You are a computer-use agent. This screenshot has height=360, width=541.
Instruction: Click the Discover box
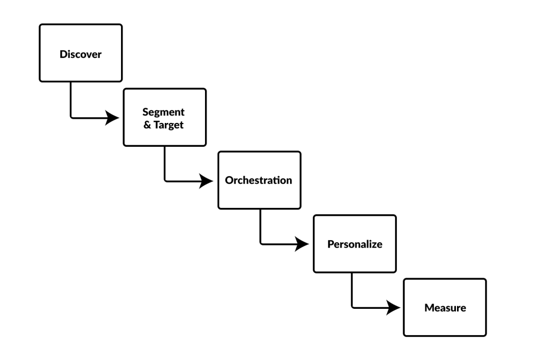(x=80, y=53)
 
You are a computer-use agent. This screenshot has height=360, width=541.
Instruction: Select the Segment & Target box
(x=164, y=117)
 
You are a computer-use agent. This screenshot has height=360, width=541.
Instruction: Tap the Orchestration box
(x=259, y=181)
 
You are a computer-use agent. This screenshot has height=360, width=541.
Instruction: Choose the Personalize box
(x=355, y=244)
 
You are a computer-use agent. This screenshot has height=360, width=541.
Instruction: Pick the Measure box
(x=445, y=307)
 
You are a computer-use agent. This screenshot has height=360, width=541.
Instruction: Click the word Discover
(x=80, y=54)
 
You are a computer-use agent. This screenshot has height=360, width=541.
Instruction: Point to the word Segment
(x=163, y=112)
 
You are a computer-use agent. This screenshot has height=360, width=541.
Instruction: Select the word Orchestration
(x=259, y=181)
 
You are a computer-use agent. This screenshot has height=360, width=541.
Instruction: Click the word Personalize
(x=355, y=244)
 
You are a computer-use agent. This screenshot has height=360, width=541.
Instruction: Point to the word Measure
(x=445, y=308)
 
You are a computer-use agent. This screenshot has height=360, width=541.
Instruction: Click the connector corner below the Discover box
(x=71, y=117)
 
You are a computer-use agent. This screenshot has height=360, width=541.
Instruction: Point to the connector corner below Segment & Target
(x=165, y=181)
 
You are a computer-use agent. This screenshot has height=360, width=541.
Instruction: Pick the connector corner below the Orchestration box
(x=260, y=243)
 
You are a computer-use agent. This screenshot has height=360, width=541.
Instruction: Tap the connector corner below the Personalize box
(x=352, y=307)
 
